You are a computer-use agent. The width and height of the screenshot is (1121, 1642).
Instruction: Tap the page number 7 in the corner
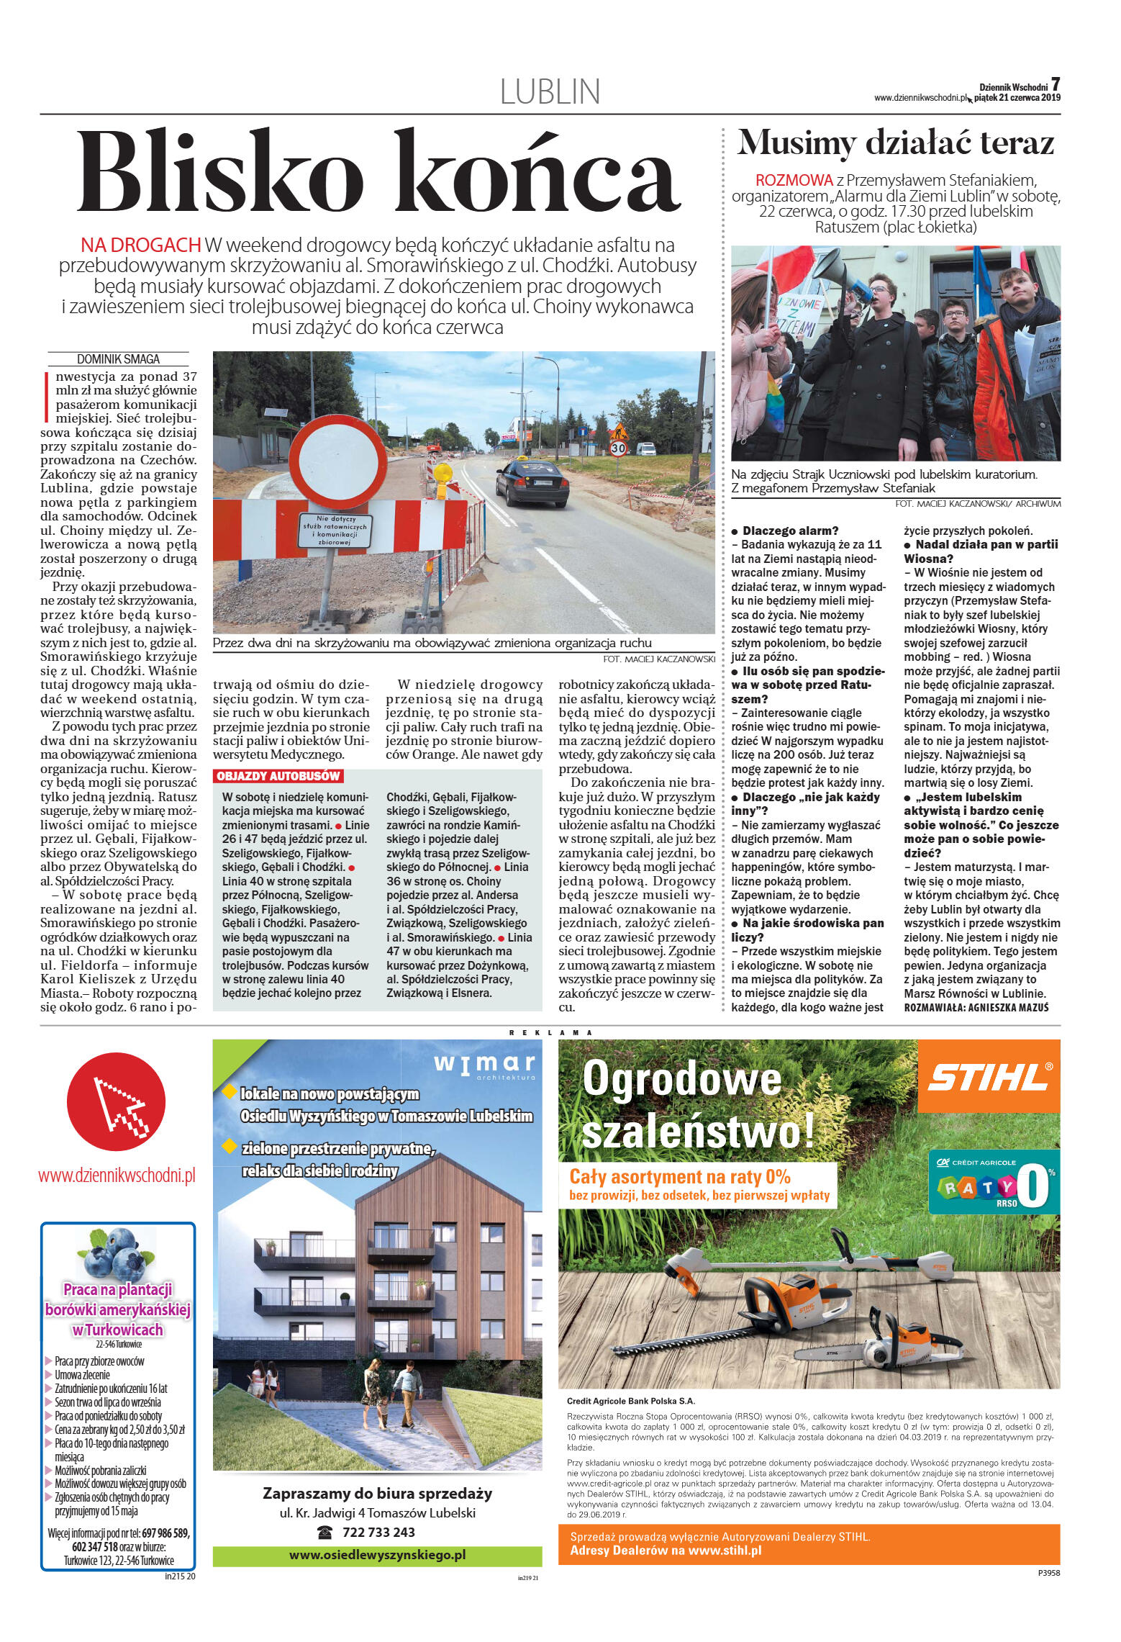click(1056, 84)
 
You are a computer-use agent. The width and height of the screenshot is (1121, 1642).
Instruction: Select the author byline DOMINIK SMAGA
click(118, 359)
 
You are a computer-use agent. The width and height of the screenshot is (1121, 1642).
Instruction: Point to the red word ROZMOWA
click(789, 179)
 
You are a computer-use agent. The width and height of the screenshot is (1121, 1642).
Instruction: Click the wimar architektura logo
click(484, 1066)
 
